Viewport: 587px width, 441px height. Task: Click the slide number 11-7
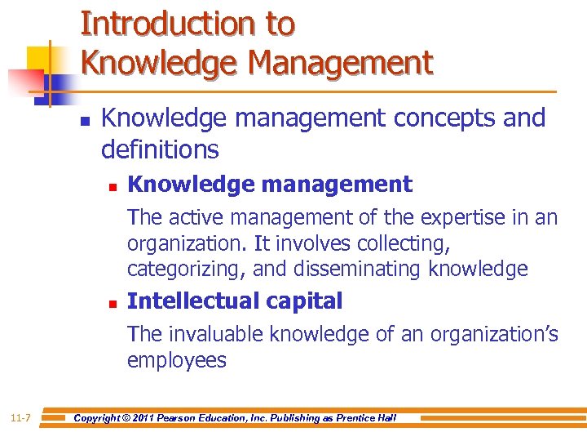point(21,418)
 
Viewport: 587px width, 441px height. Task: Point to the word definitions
point(160,149)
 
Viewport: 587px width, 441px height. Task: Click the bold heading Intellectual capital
point(235,301)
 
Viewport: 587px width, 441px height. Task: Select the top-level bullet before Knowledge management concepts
point(85,119)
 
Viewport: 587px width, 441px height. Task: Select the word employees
point(176,360)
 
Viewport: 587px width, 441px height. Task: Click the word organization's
point(494,334)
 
